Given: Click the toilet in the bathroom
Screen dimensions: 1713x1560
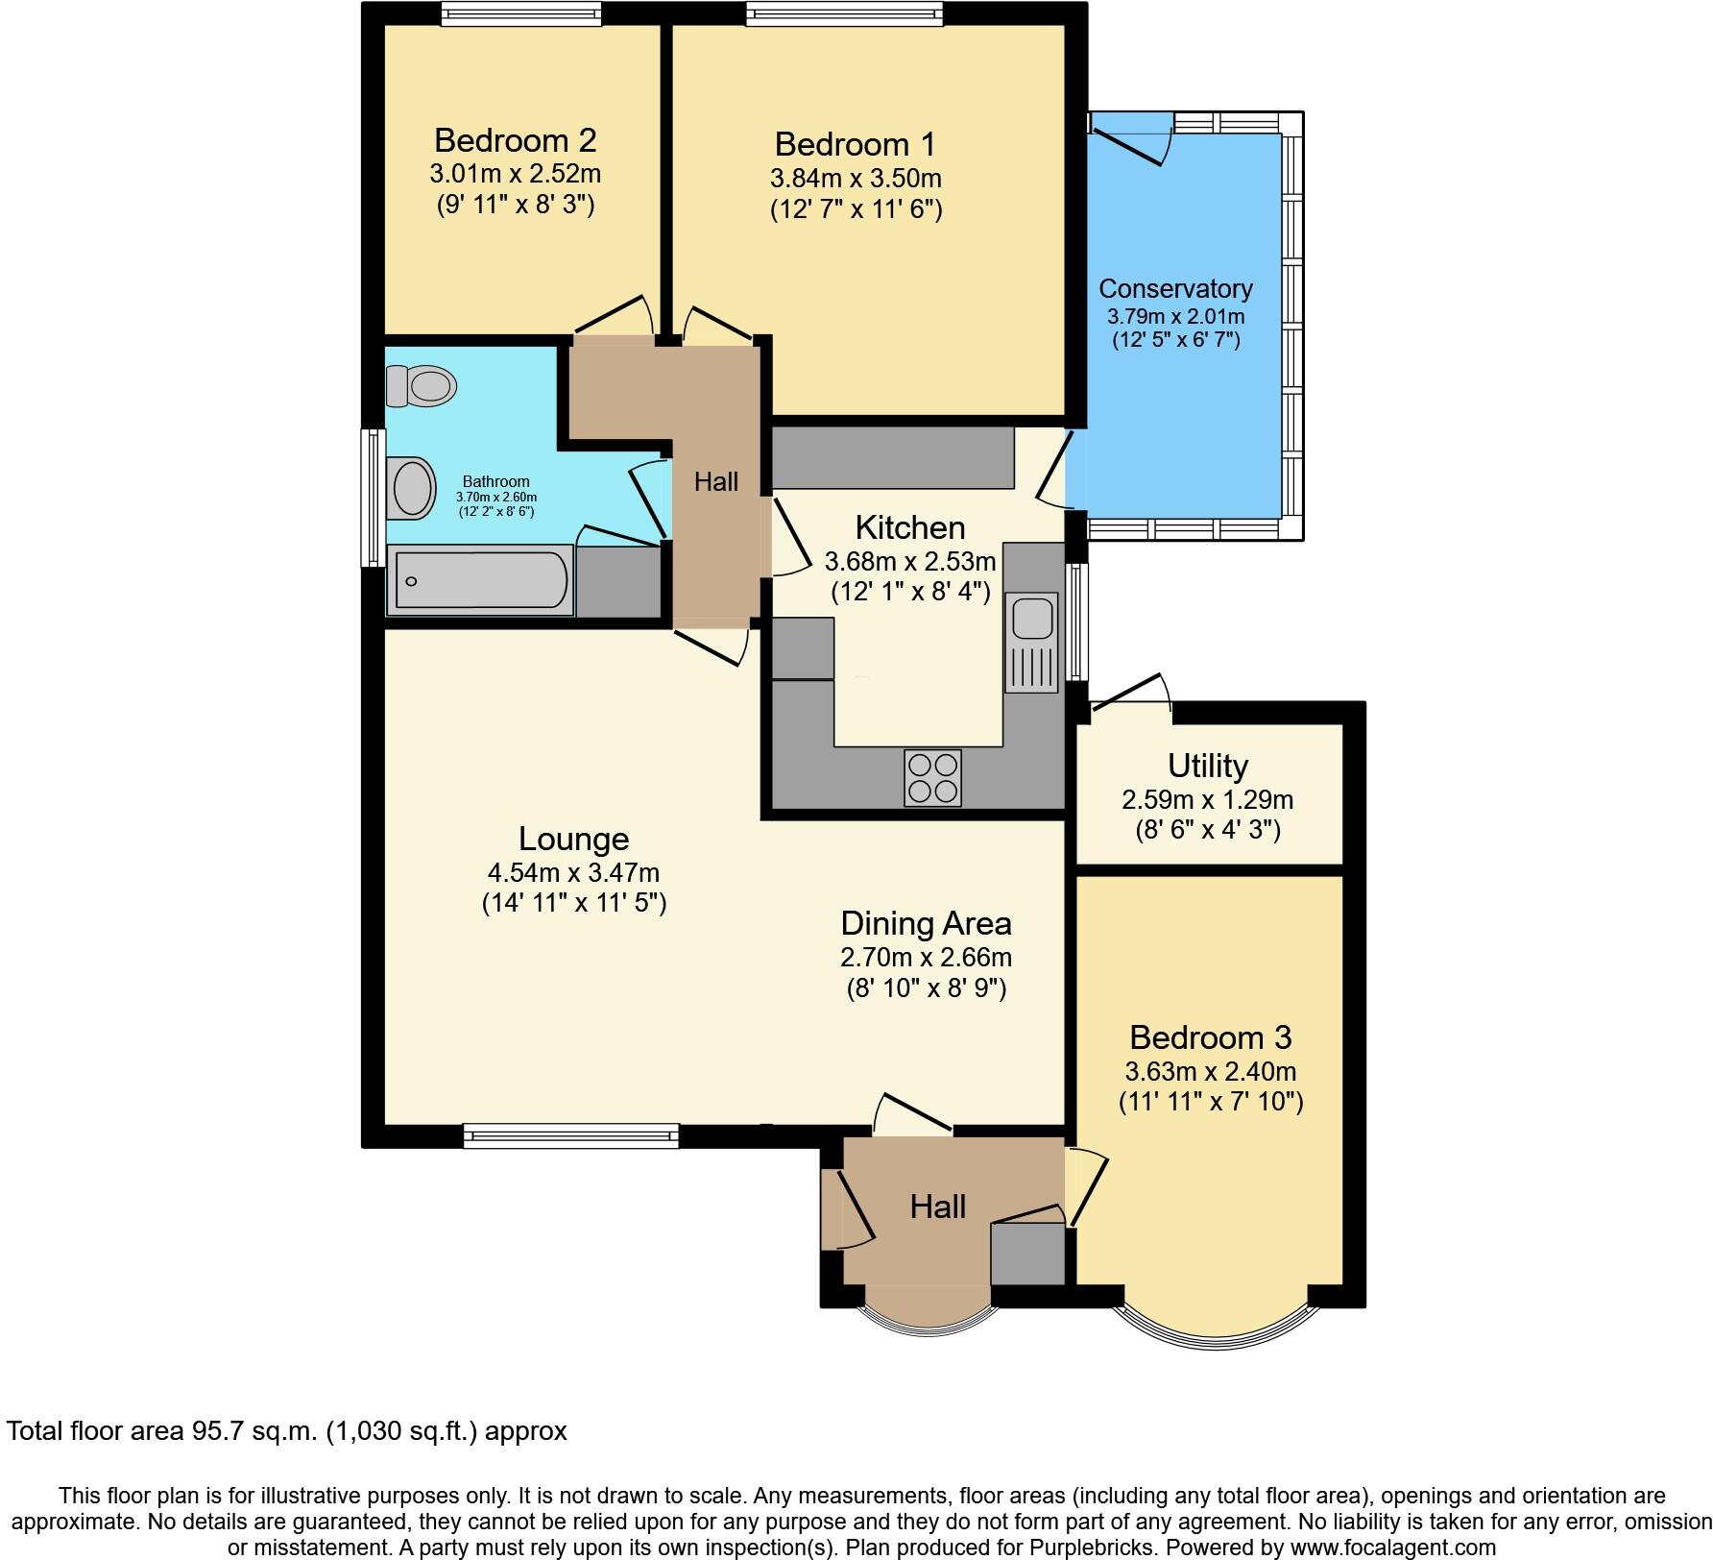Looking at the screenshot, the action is [421, 386].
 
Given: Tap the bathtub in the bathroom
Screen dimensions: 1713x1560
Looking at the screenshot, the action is [479, 580].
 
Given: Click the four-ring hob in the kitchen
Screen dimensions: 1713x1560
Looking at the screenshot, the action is [932, 777].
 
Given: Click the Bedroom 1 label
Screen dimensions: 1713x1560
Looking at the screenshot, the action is [855, 144].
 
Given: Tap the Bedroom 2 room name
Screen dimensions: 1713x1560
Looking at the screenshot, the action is [515, 140].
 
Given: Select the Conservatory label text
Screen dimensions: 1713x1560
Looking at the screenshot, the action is [1175, 288].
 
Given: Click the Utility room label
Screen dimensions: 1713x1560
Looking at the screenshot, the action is [1208, 766].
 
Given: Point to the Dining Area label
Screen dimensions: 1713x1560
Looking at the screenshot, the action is [926, 923].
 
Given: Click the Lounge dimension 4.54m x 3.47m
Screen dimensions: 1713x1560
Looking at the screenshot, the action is [573, 873].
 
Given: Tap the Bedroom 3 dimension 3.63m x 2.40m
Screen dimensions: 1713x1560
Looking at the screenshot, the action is [1211, 1071].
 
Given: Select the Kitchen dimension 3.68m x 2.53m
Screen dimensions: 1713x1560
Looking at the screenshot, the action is [910, 560].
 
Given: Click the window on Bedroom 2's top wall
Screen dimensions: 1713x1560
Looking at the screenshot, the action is [521, 13].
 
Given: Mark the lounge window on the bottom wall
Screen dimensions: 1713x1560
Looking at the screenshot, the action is [570, 1135].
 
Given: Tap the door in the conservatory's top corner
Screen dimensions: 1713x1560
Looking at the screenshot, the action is [1131, 138].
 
